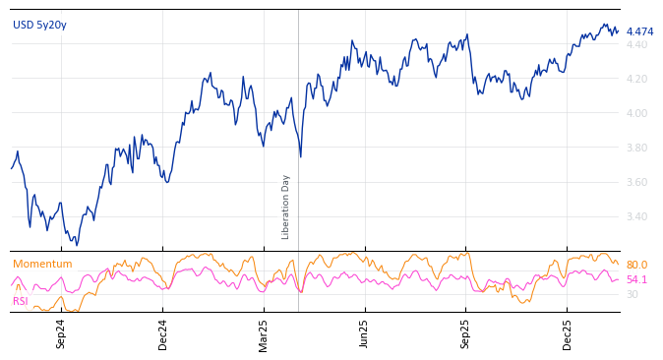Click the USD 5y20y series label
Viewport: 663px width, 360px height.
[39, 25]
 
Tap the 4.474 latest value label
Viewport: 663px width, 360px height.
[639, 31]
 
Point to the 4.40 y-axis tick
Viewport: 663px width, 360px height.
[636, 44]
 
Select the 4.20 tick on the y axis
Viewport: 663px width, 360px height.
[636, 79]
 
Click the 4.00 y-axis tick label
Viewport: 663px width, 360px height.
[636, 113]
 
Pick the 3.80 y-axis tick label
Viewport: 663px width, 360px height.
[636, 148]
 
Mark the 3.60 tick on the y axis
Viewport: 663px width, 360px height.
[636, 182]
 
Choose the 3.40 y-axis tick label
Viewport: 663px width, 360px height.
[636, 216]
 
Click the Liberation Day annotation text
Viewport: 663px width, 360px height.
[286, 207]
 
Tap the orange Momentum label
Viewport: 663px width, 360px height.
[42, 264]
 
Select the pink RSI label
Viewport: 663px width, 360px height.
[21, 301]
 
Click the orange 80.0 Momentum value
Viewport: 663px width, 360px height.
[636, 265]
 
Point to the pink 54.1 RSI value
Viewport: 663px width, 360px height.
[636, 279]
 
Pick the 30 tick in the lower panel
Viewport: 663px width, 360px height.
[632, 294]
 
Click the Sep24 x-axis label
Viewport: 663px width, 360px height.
[61, 333]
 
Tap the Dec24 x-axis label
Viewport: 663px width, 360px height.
[163, 333]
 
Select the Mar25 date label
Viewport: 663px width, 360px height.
[264, 333]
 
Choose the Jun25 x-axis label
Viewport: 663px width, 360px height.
[364, 333]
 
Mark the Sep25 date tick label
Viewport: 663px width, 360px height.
[465, 333]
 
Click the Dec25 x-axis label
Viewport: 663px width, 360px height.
[568, 333]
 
